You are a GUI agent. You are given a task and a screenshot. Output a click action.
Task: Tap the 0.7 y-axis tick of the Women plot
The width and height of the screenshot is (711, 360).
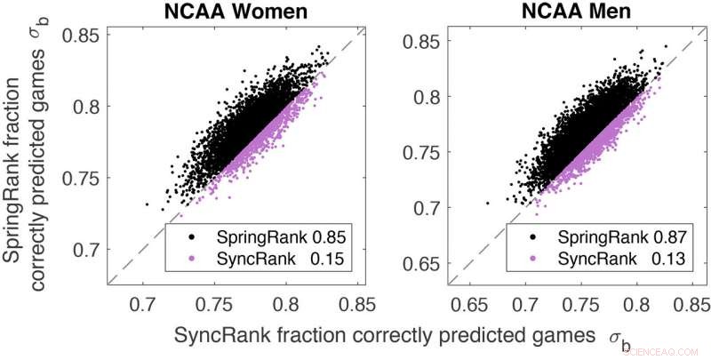click(89, 250)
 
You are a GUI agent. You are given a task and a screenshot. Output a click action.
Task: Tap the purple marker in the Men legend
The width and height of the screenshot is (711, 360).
click(535, 259)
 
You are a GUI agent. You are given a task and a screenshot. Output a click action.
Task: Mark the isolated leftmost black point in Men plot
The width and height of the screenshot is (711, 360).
click(487, 203)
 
